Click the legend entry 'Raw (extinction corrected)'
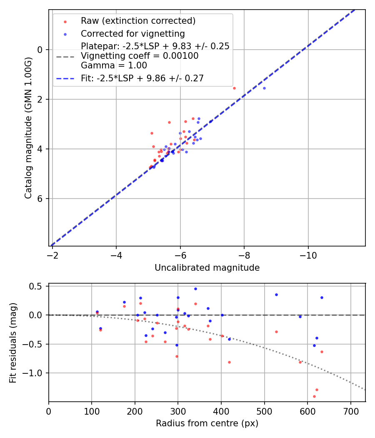click(x=138, y=21)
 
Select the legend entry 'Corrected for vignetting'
click(x=132, y=33)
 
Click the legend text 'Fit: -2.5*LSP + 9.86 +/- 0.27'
click(x=142, y=78)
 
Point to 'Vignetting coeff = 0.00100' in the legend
click(x=140, y=56)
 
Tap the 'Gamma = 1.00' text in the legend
click(x=114, y=65)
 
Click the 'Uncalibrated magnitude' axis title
click(x=207, y=268)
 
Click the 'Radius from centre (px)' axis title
click(x=207, y=423)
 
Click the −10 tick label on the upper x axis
click(x=308, y=254)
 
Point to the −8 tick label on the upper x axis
click(x=244, y=254)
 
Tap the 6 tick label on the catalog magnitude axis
click(x=40, y=199)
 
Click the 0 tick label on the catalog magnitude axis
click(x=40, y=50)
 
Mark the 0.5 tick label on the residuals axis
click(x=38, y=286)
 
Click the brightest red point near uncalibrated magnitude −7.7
click(x=234, y=88)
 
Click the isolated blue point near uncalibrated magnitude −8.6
click(x=264, y=88)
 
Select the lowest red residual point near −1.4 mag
click(x=314, y=396)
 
